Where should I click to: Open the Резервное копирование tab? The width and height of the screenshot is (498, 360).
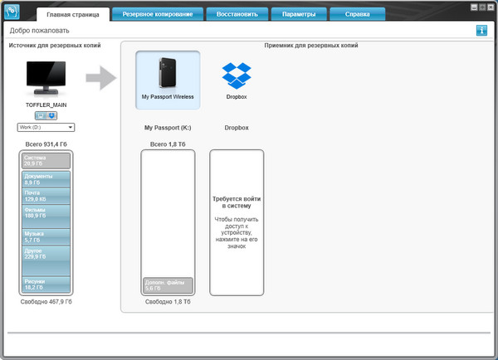click(157, 14)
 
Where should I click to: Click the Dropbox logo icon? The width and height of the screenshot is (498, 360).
click(237, 76)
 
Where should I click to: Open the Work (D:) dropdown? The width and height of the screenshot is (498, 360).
click(46, 127)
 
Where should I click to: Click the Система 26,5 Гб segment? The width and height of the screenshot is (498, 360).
click(46, 161)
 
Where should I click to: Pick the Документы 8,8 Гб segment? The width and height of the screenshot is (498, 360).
click(46, 179)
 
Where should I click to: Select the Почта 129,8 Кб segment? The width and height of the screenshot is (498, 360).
click(46, 197)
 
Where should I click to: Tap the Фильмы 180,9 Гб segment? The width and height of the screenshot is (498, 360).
click(46, 214)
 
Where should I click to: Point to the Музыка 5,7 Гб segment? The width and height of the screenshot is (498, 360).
click(46, 236)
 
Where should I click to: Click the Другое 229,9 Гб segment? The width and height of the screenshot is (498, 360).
click(46, 253)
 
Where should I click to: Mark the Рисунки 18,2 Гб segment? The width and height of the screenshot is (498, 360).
click(46, 285)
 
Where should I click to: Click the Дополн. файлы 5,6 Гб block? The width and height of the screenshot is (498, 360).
click(168, 285)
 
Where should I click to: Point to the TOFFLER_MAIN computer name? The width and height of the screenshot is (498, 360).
click(46, 106)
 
